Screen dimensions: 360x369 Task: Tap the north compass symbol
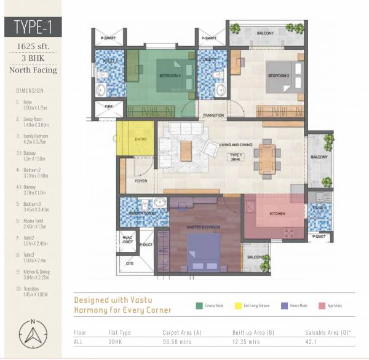click(x=31, y=335)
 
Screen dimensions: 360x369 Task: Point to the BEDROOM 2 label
click(x=278, y=76)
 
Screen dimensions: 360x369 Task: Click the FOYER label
click(x=141, y=181)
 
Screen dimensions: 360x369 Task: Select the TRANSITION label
click(x=213, y=115)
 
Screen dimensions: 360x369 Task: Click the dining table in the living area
click(x=267, y=158)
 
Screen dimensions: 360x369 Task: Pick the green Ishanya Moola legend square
click(x=199, y=305)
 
